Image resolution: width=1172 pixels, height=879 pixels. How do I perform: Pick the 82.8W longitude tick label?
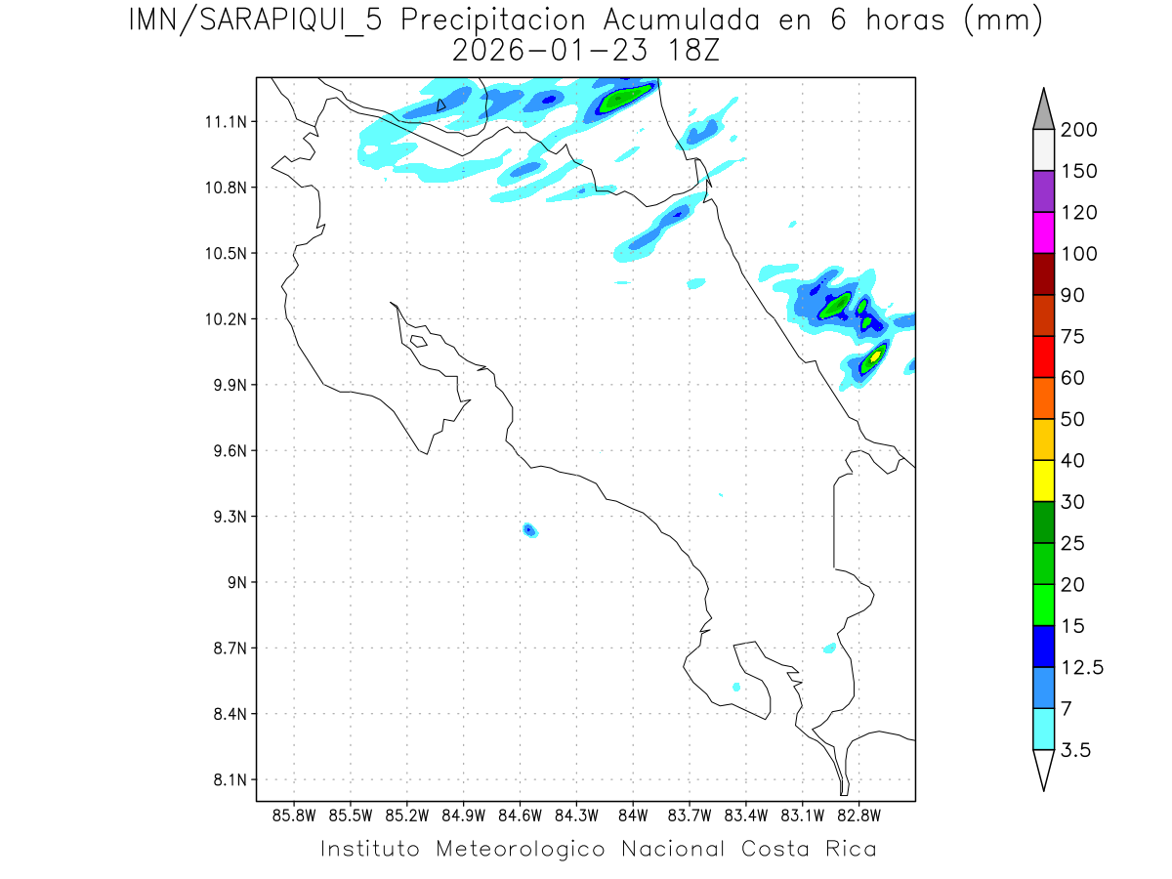(x=858, y=815)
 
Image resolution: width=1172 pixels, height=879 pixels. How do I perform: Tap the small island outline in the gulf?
(x=418, y=341)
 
